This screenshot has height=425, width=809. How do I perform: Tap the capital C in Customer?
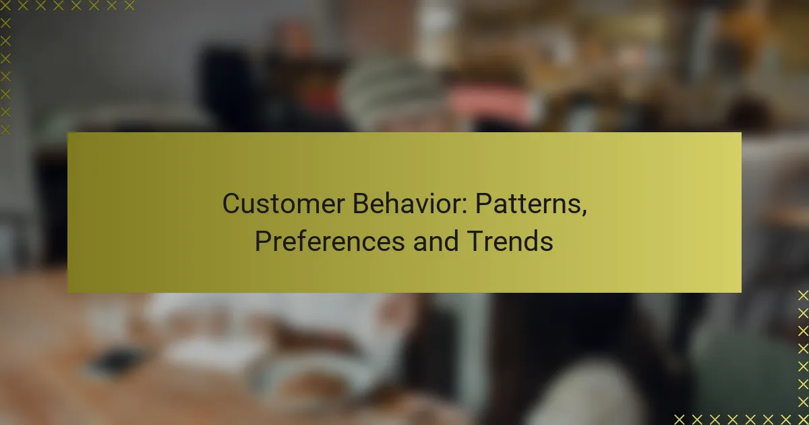click(x=231, y=204)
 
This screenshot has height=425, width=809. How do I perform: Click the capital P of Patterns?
click(x=484, y=204)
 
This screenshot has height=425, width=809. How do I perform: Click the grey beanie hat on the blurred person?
click(x=391, y=88)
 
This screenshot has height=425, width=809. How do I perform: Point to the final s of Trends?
click(x=547, y=242)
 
